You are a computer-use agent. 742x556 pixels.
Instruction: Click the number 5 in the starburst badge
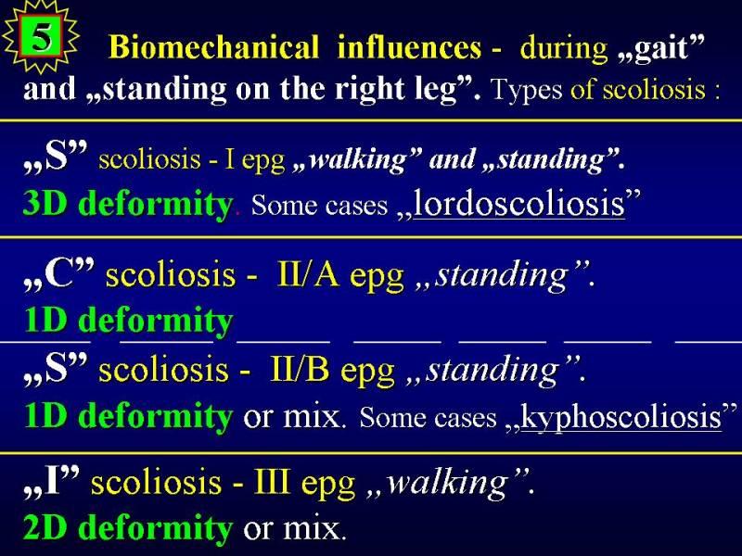(x=41, y=37)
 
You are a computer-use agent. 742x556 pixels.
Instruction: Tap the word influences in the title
(x=409, y=47)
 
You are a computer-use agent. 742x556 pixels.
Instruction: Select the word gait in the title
(x=660, y=48)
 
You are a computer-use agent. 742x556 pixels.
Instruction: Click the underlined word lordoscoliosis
(x=519, y=204)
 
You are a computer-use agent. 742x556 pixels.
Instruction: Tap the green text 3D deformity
(x=127, y=204)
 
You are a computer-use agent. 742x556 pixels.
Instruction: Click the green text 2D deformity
(x=127, y=527)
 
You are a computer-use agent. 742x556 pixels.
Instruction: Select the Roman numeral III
(x=272, y=481)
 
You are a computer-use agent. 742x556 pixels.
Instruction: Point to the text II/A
(x=308, y=274)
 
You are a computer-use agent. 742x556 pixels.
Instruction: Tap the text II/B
(x=299, y=369)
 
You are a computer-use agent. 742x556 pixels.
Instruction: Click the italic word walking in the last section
(x=447, y=483)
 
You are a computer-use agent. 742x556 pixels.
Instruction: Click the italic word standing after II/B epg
(x=493, y=371)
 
